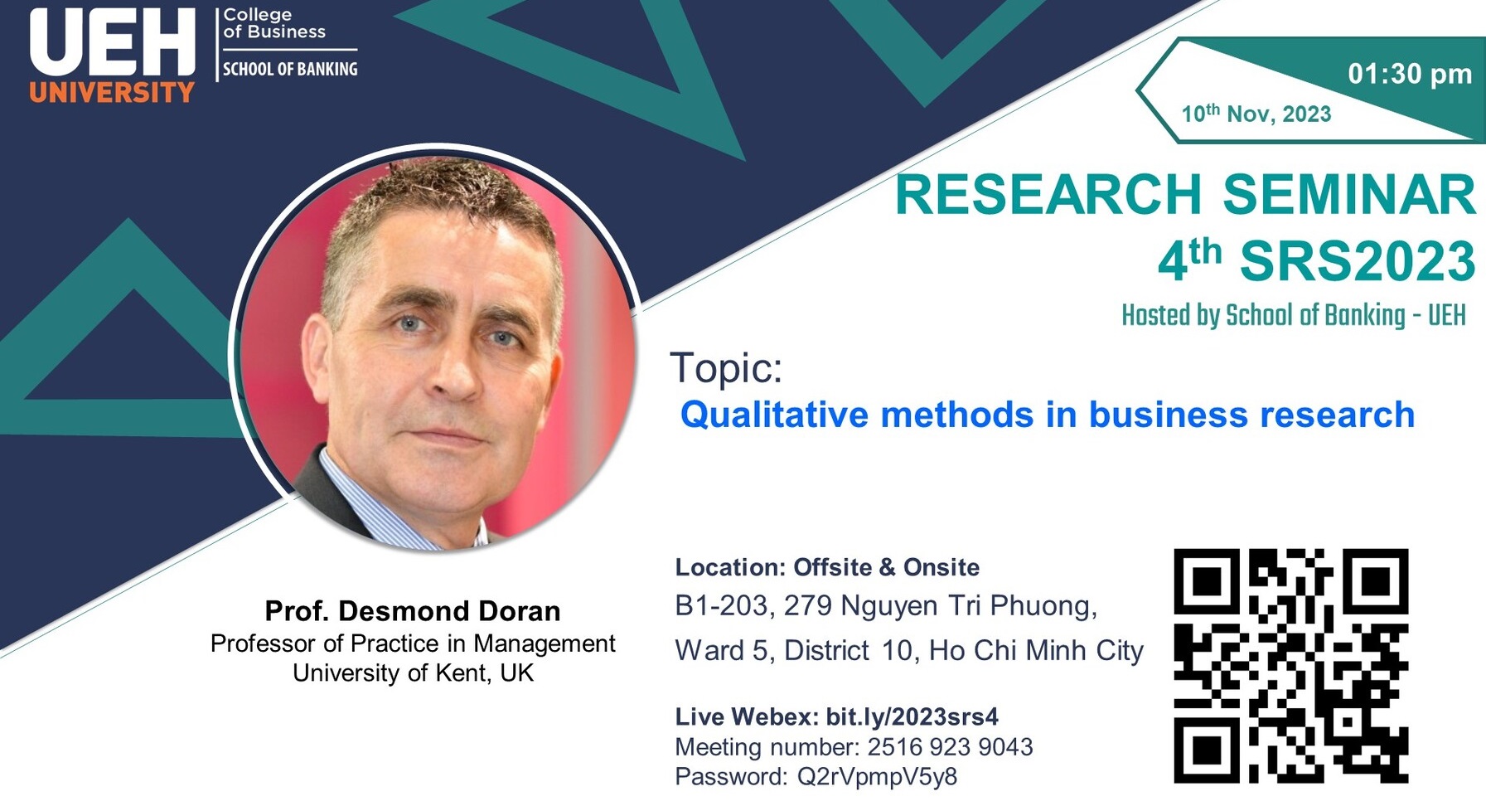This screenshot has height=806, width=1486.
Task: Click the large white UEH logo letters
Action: click(113, 42)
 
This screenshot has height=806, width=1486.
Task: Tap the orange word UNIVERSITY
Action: click(112, 91)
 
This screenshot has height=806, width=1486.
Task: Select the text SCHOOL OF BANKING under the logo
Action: click(290, 69)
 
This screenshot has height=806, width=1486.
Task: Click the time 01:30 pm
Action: click(1410, 74)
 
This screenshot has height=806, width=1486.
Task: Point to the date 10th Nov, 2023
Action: click(1256, 113)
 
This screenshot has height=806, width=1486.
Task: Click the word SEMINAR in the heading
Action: click(1349, 194)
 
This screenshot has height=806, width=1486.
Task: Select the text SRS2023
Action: click(1358, 261)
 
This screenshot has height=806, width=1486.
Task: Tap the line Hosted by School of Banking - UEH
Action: click(1294, 315)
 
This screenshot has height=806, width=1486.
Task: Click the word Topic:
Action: click(726, 367)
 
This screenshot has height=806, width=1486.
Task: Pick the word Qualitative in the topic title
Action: click(774, 415)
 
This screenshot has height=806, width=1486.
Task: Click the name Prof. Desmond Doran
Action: click(413, 611)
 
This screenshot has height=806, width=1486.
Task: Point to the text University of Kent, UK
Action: click(413, 672)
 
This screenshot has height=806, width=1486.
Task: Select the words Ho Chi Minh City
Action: click(1036, 651)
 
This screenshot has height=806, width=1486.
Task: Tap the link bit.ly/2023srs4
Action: click(912, 716)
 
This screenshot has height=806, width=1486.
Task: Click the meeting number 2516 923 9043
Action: click(950, 747)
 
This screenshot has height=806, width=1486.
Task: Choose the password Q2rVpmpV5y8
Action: click(877, 777)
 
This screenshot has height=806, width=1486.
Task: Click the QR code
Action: click(1291, 665)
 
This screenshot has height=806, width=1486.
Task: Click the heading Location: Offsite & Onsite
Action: click(827, 567)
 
